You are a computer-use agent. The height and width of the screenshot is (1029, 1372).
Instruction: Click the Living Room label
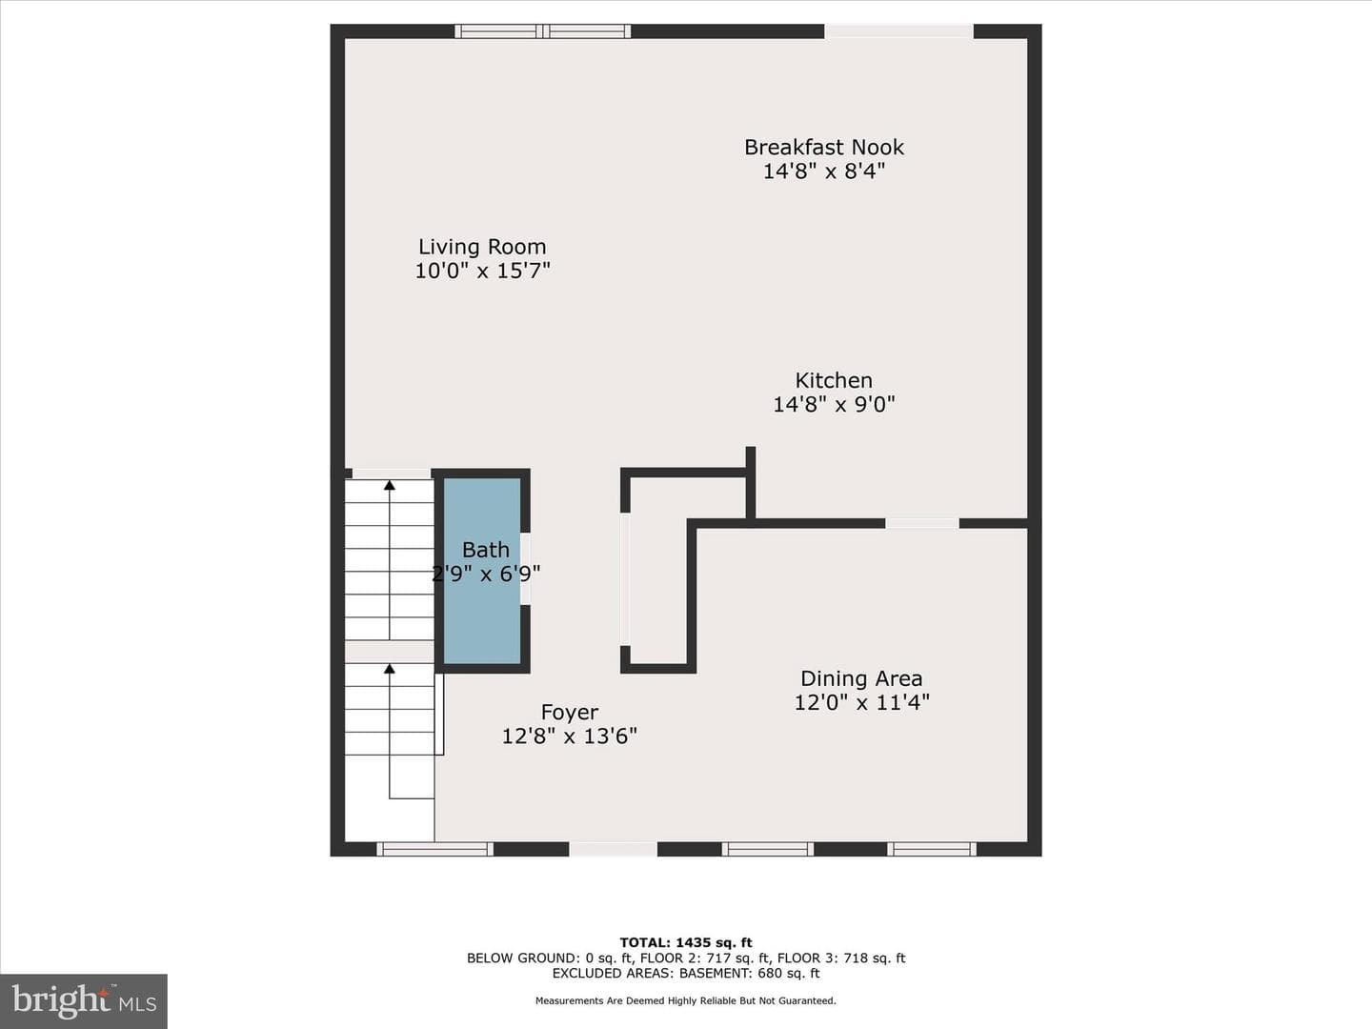pyautogui.click(x=482, y=247)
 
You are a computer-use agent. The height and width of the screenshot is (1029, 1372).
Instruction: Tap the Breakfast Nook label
pyautogui.click(x=824, y=148)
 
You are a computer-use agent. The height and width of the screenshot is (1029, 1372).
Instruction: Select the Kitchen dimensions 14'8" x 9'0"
pyautogui.click(x=834, y=405)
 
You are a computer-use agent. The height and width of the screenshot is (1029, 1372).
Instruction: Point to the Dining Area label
pyautogui.click(x=861, y=678)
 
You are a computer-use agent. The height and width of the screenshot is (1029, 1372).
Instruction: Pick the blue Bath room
pyautogui.click(x=482, y=571)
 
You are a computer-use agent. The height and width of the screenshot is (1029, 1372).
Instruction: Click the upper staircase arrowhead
pyautogui.click(x=390, y=484)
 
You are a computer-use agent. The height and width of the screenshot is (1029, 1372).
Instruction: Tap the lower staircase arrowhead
pyautogui.click(x=390, y=669)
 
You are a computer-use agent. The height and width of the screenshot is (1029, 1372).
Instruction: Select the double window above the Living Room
pyautogui.click(x=542, y=31)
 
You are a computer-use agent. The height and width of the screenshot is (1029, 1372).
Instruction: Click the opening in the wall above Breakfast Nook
pyautogui.click(x=898, y=31)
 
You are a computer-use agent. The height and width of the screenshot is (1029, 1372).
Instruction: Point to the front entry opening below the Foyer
pyautogui.click(x=614, y=848)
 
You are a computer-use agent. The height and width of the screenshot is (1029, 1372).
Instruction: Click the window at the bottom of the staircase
pyautogui.click(x=435, y=848)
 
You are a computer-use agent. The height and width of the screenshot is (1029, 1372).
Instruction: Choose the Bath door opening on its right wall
pyautogui.click(x=526, y=569)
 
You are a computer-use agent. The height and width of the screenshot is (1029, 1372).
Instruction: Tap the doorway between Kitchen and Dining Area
pyautogui.click(x=922, y=523)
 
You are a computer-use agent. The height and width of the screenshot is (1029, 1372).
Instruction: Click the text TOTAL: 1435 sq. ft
pyautogui.click(x=686, y=942)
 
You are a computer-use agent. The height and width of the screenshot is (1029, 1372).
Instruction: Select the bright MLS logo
pyautogui.click(x=84, y=1000)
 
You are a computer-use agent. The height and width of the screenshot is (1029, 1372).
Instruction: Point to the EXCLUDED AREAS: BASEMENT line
pyautogui.click(x=686, y=973)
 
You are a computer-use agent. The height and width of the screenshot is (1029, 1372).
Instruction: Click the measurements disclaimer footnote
pyautogui.click(x=686, y=1000)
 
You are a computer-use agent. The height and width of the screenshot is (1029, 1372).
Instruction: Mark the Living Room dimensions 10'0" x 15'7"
pyautogui.click(x=482, y=272)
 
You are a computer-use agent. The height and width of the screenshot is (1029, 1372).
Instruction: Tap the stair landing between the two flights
pyautogui.click(x=390, y=652)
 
